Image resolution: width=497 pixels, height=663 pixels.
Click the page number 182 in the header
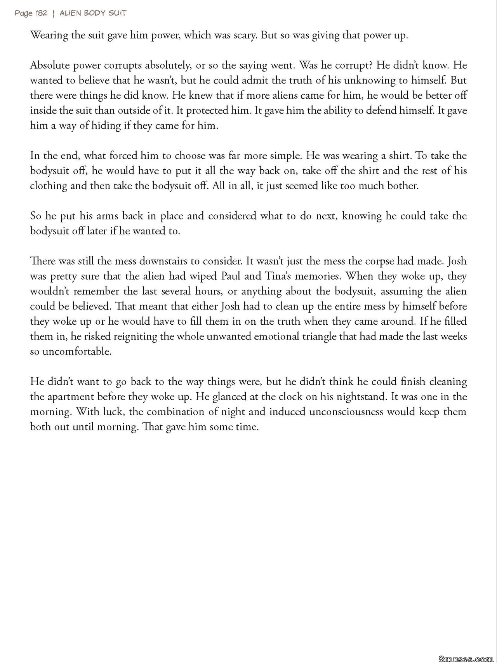pos(41,13)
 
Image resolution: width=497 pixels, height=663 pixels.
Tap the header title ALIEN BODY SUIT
pos(93,13)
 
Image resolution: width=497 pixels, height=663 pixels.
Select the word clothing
pos(49,186)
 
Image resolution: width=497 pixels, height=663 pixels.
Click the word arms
pos(106,216)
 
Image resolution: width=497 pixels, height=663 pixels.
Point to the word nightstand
pos(362,397)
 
